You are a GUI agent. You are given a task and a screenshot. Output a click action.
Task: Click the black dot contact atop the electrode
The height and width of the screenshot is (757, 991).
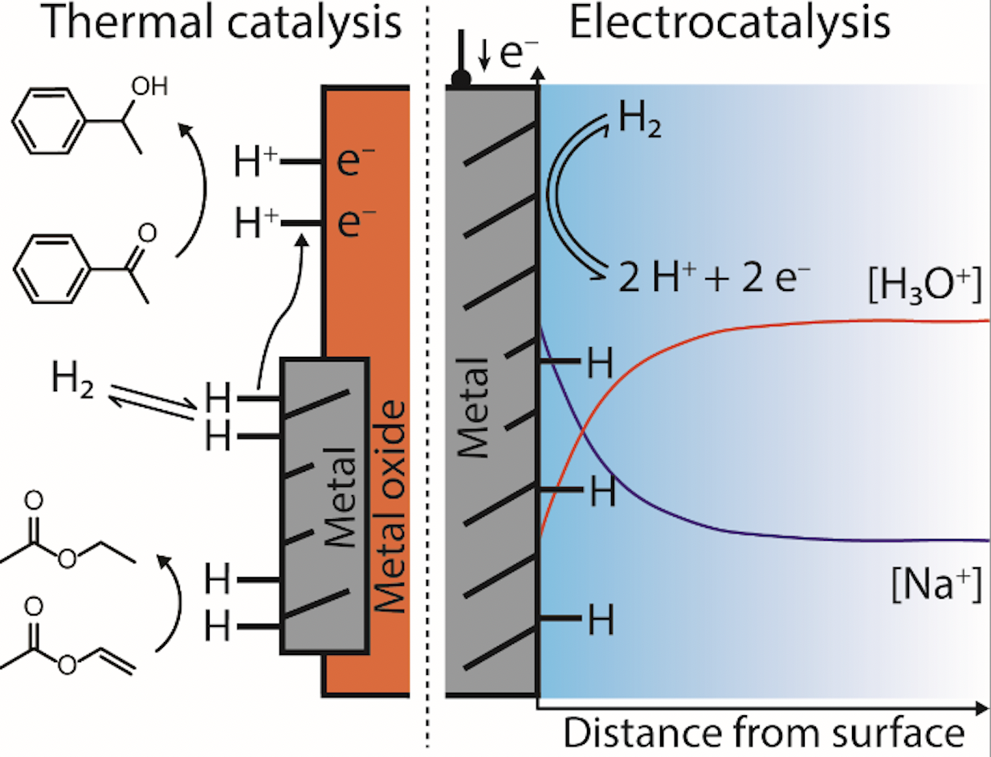pyautogui.click(x=461, y=80)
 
